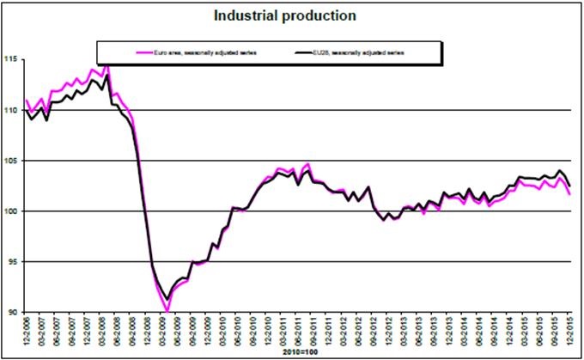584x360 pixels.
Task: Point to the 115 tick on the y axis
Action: tap(12, 59)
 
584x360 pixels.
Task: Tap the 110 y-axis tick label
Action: tap(12, 110)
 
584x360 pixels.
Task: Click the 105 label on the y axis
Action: tap(12, 161)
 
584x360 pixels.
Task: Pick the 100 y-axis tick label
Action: tap(12, 211)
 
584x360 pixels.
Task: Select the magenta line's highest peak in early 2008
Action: tap(106, 63)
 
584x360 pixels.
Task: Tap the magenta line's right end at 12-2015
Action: tap(570, 194)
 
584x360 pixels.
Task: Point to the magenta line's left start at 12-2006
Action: tap(27, 100)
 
